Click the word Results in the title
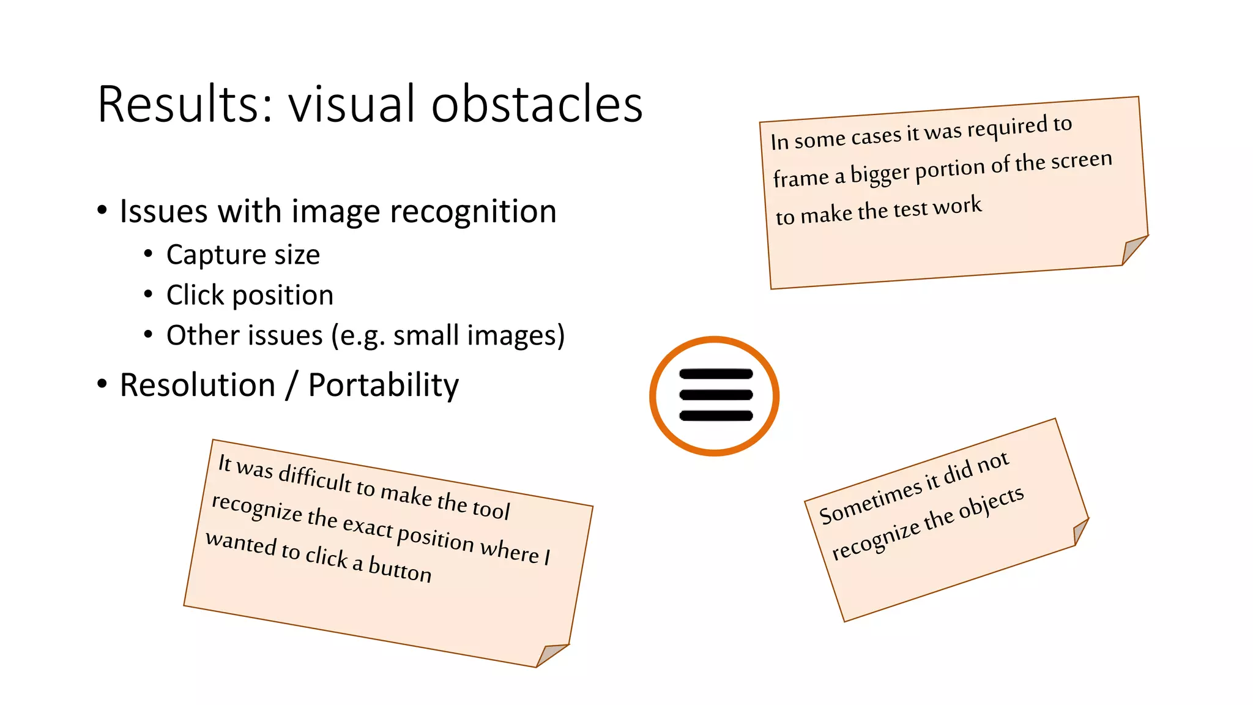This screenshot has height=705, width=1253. pyautogui.click(x=184, y=104)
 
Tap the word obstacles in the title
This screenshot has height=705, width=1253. pyautogui.click(x=537, y=104)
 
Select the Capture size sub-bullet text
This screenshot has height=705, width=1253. pyautogui.click(x=243, y=255)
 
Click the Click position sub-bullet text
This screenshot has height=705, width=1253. pyautogui.click(x=250, y=295)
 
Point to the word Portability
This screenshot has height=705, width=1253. pyautogui.click(x=383, y=386)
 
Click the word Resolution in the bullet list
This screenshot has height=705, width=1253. pyautogui.click(x=197, y=386)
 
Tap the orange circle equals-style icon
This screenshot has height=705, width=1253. pyautogui.click(x=715, y=396)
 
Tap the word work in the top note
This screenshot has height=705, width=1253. pyautogui.click(x=958, y=206)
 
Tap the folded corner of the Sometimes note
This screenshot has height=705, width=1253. pyautogui.click(x=1080, y=531)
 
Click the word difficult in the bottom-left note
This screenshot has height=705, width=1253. pyautogui.click(x=315, y=477)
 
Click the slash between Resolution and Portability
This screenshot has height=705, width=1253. pyautogui.click(x=292, y=386)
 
